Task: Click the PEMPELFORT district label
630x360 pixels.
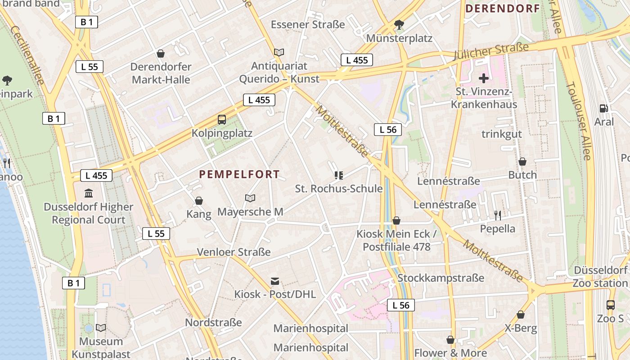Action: pyautogui.click(x=239, y=175)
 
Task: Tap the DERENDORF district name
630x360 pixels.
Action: pyautogui.click(x=502, y=9)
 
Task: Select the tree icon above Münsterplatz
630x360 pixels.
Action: pyautogui.click(x=399, y=24)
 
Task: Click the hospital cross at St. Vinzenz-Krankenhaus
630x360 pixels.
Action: pyautogui.click(x=484, y=78)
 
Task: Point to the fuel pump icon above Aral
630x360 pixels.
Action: pyautogui.click(x=603, y=108)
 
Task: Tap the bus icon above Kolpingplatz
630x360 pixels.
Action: pyautogui.click(x=222, y=119)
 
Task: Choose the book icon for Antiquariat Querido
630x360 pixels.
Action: pyautogui.click(x=279, y=52)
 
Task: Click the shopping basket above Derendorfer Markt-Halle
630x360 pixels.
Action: pyautogui.click(x=161, y=54)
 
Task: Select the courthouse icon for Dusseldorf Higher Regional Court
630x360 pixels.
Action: pyautogui.click(x=89, y=193)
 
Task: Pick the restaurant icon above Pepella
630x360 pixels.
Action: pyautogui.click(x=497, y=215)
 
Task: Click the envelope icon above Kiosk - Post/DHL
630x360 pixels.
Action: pyautogui.click(x=274, y=281)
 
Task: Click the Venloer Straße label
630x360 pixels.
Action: pyautogui.click(x=234, y=252)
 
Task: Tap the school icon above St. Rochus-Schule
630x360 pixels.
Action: pyautogui.click(x=339, y=175)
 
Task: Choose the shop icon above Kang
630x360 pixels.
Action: pyautogui.click(x=199, y=201)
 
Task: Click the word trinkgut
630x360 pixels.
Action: pyautogui.click(x=502, y=134)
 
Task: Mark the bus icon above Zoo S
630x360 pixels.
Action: pyautogui.click(x=610, y=305)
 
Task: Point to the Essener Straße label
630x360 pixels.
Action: pyautogui.click(x=308, y=25)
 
